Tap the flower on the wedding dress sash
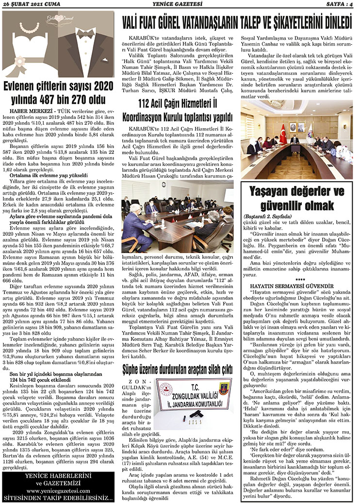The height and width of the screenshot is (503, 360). [19, 60]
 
